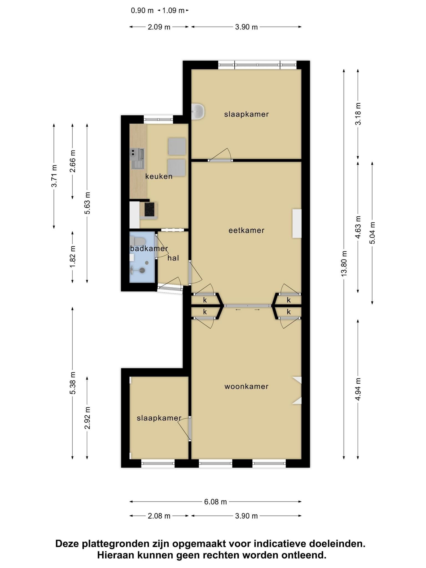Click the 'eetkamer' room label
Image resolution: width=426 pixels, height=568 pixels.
[x=246, y=230]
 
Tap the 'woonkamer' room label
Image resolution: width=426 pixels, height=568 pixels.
[x=246, y=386]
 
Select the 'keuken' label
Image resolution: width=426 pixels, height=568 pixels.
[x=159, y=176]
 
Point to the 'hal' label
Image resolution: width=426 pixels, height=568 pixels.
[x=173, y=258]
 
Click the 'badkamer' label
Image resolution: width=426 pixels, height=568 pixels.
[x=149, y=248]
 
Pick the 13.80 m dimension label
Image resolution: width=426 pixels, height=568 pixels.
[x=344, y=263]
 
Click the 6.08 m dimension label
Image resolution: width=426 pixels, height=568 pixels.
[x=215, y=502]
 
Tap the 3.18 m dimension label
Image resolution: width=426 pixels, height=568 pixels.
[x=358, y=114]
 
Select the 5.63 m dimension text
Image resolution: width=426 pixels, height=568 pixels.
[x=87, y=203]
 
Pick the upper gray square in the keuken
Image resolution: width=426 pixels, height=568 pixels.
[x=177, y=146]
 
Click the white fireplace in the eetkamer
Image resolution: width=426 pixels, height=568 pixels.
[x=297, y=223]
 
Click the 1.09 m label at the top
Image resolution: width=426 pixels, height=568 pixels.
[x=173, y=11]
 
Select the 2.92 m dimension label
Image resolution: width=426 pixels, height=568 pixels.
[x=87, y=418]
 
